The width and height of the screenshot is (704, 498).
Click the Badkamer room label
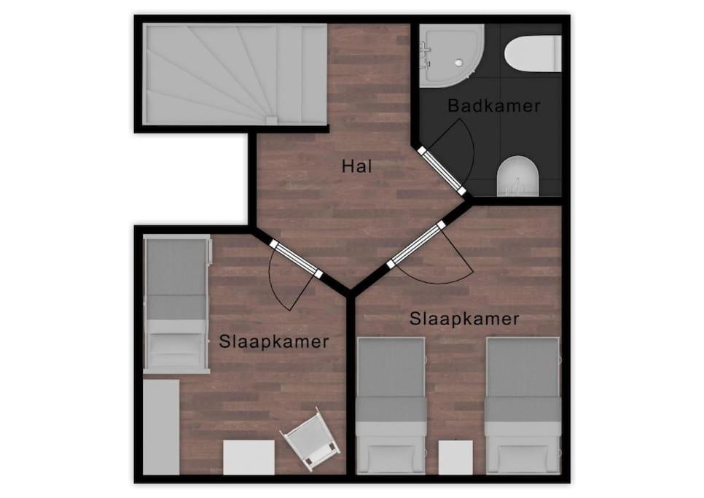pyautogui.click(x=494, y=106)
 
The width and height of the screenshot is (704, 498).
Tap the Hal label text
pyautogui.click(x=357, y=166)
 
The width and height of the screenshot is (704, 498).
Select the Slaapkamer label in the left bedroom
pyautogui.click(x=274, y=342)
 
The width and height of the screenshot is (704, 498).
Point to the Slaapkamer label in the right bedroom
pyautogui.click(x=464, y=319)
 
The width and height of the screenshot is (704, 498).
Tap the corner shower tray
pyautogui.click(x=452, y=55)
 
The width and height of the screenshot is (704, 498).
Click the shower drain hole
pyautogui.click(x=458, y=63)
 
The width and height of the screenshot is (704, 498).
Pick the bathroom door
pyautogui.click(x=442, y=170)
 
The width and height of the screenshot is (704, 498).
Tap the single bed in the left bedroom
pyautogui.click(x=176, y=304)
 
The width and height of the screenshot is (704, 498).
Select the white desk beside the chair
pyautogui.click(x=249, y=457)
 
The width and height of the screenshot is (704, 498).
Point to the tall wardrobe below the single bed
pyautogui.click(x=161, y=427)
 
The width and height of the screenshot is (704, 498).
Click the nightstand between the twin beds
pyautogui.click(x=455, y=457)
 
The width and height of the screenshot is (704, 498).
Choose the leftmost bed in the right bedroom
pyautogui.click(x=391, y=405)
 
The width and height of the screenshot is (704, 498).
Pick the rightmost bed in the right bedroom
pyautogui.click(x=523, y=405)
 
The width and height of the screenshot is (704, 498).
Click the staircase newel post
pyautogui.click(x=272, y=120)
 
